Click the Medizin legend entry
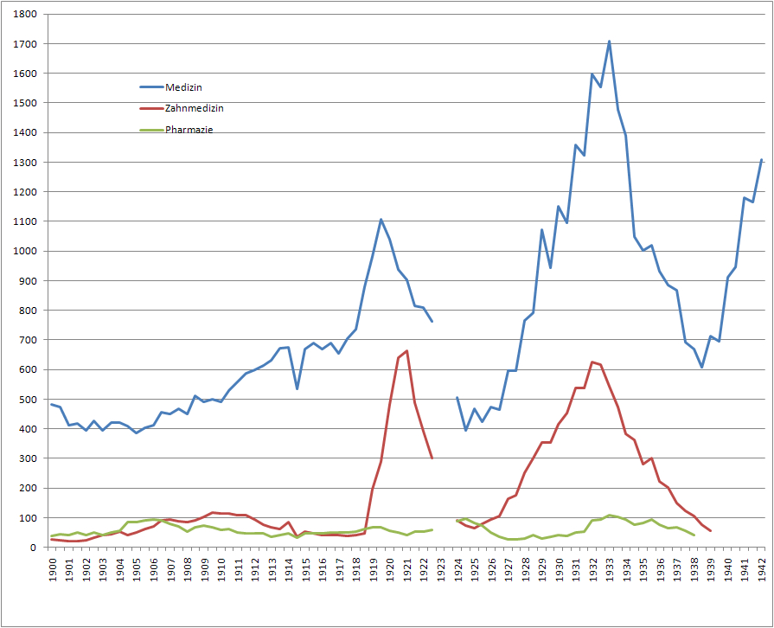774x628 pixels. (x=183, y=87)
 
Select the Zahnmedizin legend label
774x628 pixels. (x=194, y=109)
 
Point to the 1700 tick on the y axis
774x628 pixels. (x=25, y=44)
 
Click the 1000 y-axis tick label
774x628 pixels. (x=25, y=251)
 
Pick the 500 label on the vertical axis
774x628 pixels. (x=28, y=400)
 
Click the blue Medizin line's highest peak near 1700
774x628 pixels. (x=609, y=41)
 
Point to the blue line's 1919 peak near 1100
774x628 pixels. (x=381, y=219)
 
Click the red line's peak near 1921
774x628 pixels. (x=406, y=350)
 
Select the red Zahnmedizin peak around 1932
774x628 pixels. (x=592, y=362)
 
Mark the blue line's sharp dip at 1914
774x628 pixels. (x=297, y=388)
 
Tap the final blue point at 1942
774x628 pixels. (x=761, y=160)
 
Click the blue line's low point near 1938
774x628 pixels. (x=702, y=367)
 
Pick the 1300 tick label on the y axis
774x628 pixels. (x=25, y=163)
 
